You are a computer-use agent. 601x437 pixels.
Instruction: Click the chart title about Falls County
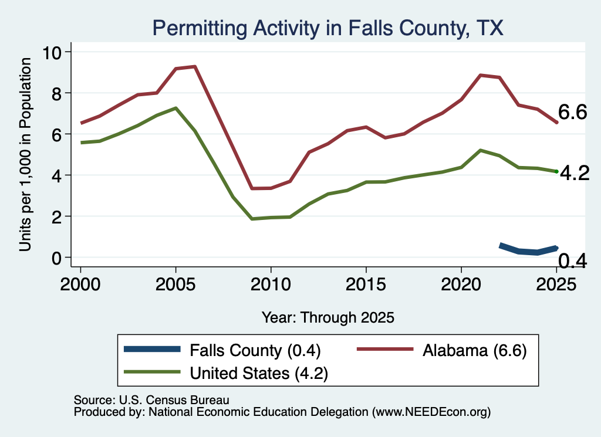327,28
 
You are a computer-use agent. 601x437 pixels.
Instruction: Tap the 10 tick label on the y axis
52,52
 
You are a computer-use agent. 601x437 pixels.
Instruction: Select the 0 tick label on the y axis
56,258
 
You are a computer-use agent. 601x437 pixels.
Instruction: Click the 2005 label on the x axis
175,284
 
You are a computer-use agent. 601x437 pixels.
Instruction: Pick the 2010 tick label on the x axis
271,284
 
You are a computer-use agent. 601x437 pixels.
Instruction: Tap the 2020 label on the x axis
461,284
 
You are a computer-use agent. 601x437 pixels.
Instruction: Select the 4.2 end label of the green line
575,173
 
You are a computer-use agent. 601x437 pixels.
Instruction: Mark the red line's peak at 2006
195,67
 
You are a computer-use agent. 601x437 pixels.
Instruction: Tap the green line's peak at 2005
175,108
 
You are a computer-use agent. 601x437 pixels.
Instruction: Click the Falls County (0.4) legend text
255,350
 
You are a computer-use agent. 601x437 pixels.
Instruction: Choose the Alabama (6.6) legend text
474,350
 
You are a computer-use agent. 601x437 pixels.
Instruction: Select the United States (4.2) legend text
259,373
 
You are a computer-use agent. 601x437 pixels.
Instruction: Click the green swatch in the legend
152,371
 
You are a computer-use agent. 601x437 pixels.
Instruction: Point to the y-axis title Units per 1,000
25,154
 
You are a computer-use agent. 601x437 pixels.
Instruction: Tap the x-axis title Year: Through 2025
327,317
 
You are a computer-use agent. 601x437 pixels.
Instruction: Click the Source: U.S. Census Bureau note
151,400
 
